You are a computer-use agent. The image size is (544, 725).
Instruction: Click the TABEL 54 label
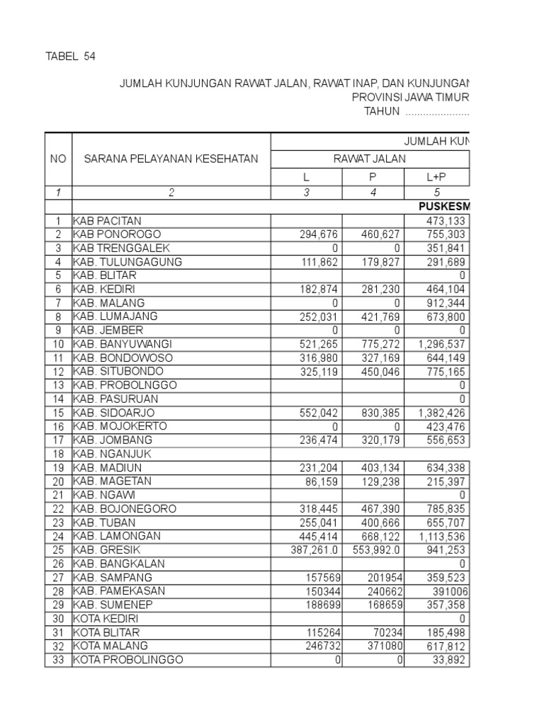click(70, 56)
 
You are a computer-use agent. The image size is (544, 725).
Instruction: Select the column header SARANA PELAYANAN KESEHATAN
click(171, 159)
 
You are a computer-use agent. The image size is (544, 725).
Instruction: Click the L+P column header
click(437, 177)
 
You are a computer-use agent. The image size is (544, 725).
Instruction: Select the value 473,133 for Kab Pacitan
click(448, 221)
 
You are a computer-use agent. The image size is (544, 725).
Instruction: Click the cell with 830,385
click(376, 413)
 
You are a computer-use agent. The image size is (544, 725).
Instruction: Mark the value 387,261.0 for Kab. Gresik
click(307, 550)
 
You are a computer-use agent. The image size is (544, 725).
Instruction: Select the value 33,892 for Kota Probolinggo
click(450, 660)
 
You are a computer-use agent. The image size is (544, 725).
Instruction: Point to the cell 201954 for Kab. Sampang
click(381, 577)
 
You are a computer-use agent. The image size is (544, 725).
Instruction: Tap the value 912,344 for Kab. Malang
click(448, 303)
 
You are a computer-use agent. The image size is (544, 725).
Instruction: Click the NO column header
click(58, 159)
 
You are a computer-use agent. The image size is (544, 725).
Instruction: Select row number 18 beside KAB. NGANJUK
click(58, 454)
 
